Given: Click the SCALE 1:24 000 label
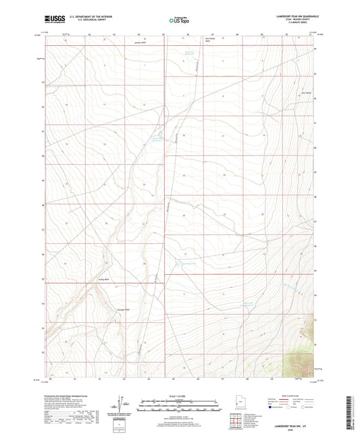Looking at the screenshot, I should (x=178, y=397).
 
